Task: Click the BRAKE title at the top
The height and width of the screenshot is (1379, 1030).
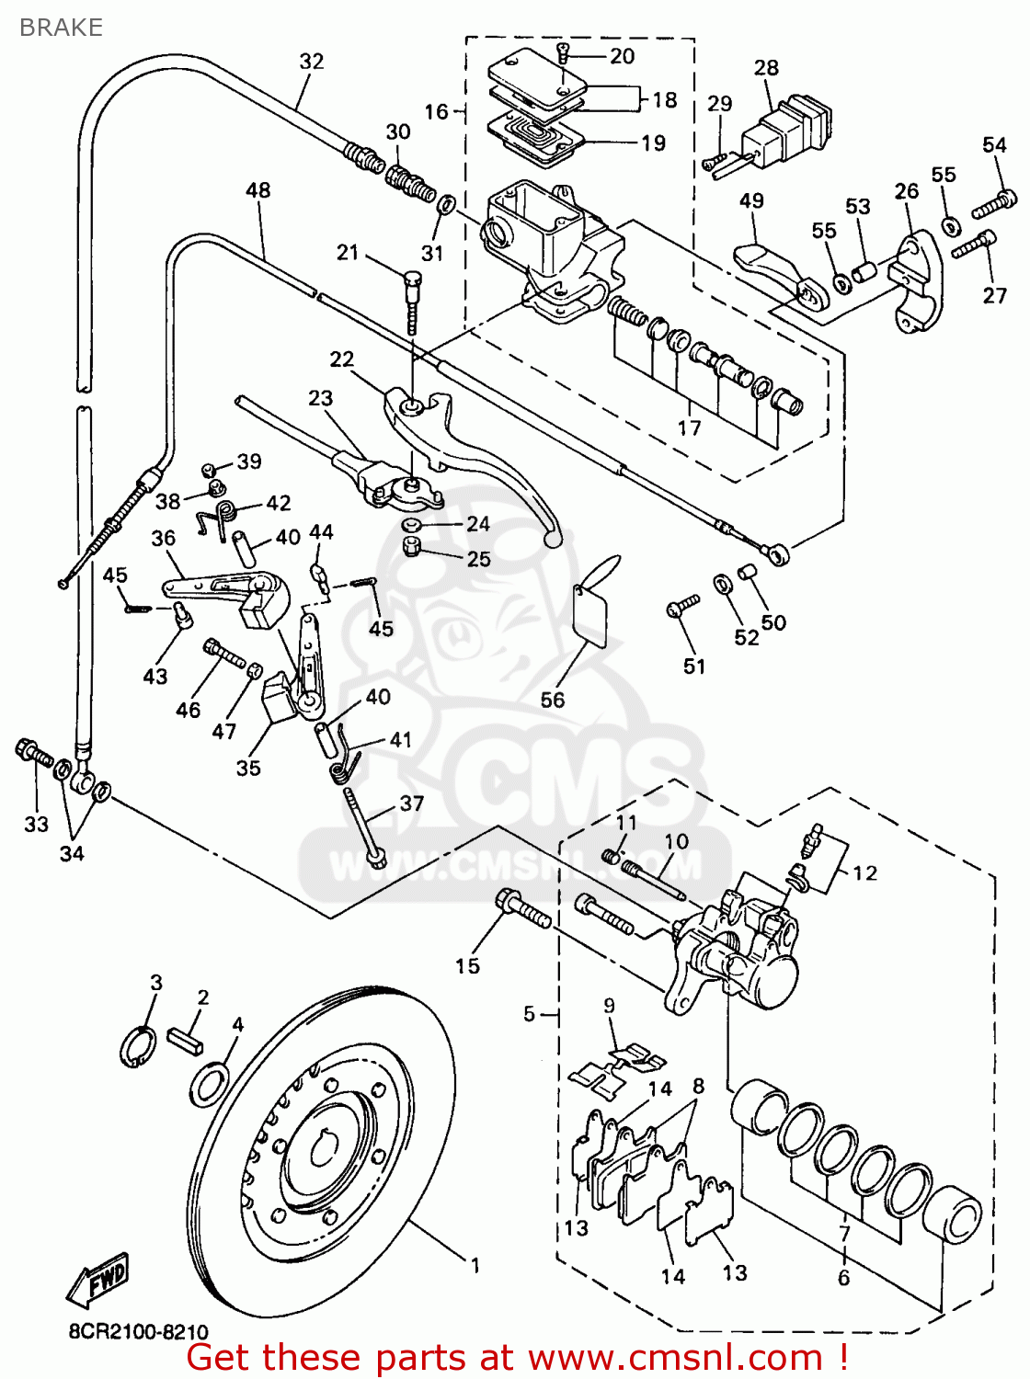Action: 61,28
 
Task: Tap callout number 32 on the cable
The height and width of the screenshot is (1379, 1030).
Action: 312,62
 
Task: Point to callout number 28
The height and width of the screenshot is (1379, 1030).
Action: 766,68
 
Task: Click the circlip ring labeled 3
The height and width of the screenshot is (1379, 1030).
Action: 138,1046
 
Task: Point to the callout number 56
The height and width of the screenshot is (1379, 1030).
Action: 553,700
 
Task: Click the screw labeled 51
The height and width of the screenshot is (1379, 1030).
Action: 683,604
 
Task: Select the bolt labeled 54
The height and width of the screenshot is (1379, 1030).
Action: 994,200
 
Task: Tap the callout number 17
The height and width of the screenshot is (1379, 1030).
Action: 689,427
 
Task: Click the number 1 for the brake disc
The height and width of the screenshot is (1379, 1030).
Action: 475,1266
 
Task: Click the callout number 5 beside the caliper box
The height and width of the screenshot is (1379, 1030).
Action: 529,1014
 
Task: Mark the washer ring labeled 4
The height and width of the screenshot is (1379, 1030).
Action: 209,1084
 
